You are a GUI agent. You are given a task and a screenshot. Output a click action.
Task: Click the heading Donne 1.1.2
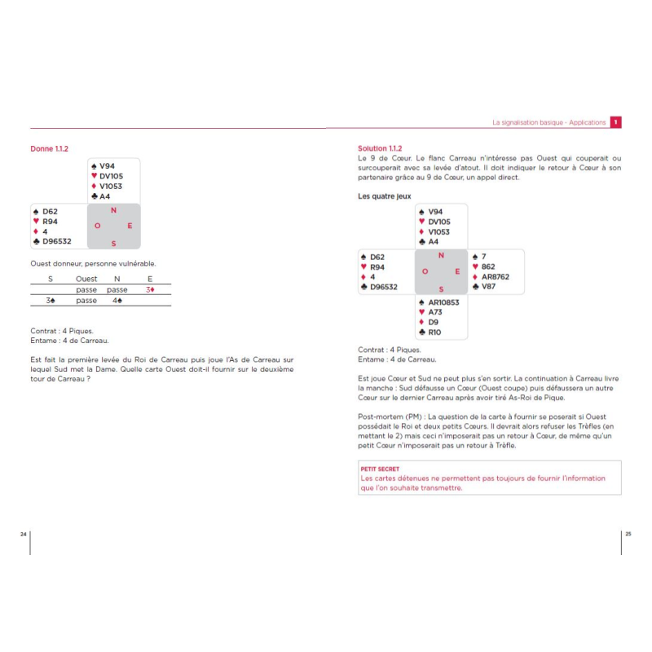(x=49, y=149)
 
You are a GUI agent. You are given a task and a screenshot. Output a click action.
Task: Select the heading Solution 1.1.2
(x=380, y=148)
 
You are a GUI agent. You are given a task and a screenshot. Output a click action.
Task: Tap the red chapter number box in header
(x=616, y=122)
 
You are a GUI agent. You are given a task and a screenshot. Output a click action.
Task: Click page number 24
(x=24, y=533)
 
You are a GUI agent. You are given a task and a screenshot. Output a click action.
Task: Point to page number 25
(x=628, y=533)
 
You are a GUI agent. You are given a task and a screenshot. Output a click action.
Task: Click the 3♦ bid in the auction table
(x=150, y=289)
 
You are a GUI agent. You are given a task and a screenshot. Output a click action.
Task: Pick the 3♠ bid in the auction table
(x=50, y=301)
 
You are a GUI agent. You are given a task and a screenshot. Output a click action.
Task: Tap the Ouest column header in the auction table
(x=86, y=279)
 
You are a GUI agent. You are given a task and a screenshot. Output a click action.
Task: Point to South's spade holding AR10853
(x=443, y=302)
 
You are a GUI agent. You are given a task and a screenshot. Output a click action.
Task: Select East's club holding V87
(x=488, y=286)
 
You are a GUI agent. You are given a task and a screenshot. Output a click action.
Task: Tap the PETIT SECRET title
(x=380, y=469)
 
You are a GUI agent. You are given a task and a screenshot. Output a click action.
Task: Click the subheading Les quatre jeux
(x=385, y=196)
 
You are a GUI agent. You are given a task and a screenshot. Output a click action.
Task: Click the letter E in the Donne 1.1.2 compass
(x=129, y=225)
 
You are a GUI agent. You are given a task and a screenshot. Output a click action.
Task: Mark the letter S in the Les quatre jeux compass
(x=441, y=289)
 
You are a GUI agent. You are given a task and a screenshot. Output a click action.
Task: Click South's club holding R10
(x=434, y=332)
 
